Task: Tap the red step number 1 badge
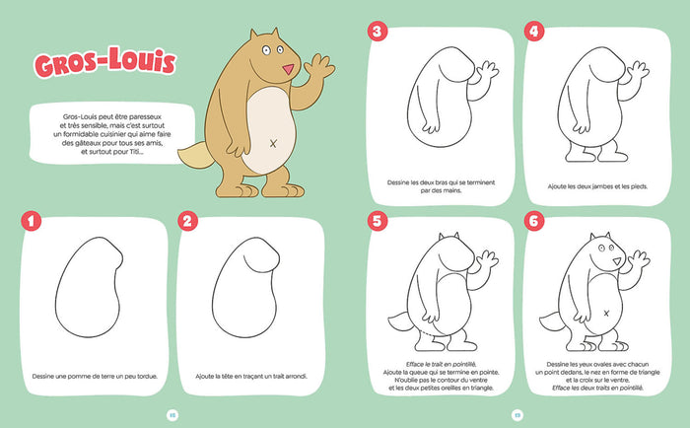click(x=33, y=222)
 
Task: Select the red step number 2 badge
click(x=187, y=222)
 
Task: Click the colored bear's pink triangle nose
click(x=287, y=70)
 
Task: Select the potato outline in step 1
click(x=86, y=286)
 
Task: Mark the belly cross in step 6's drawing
click(x=603, y=314)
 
